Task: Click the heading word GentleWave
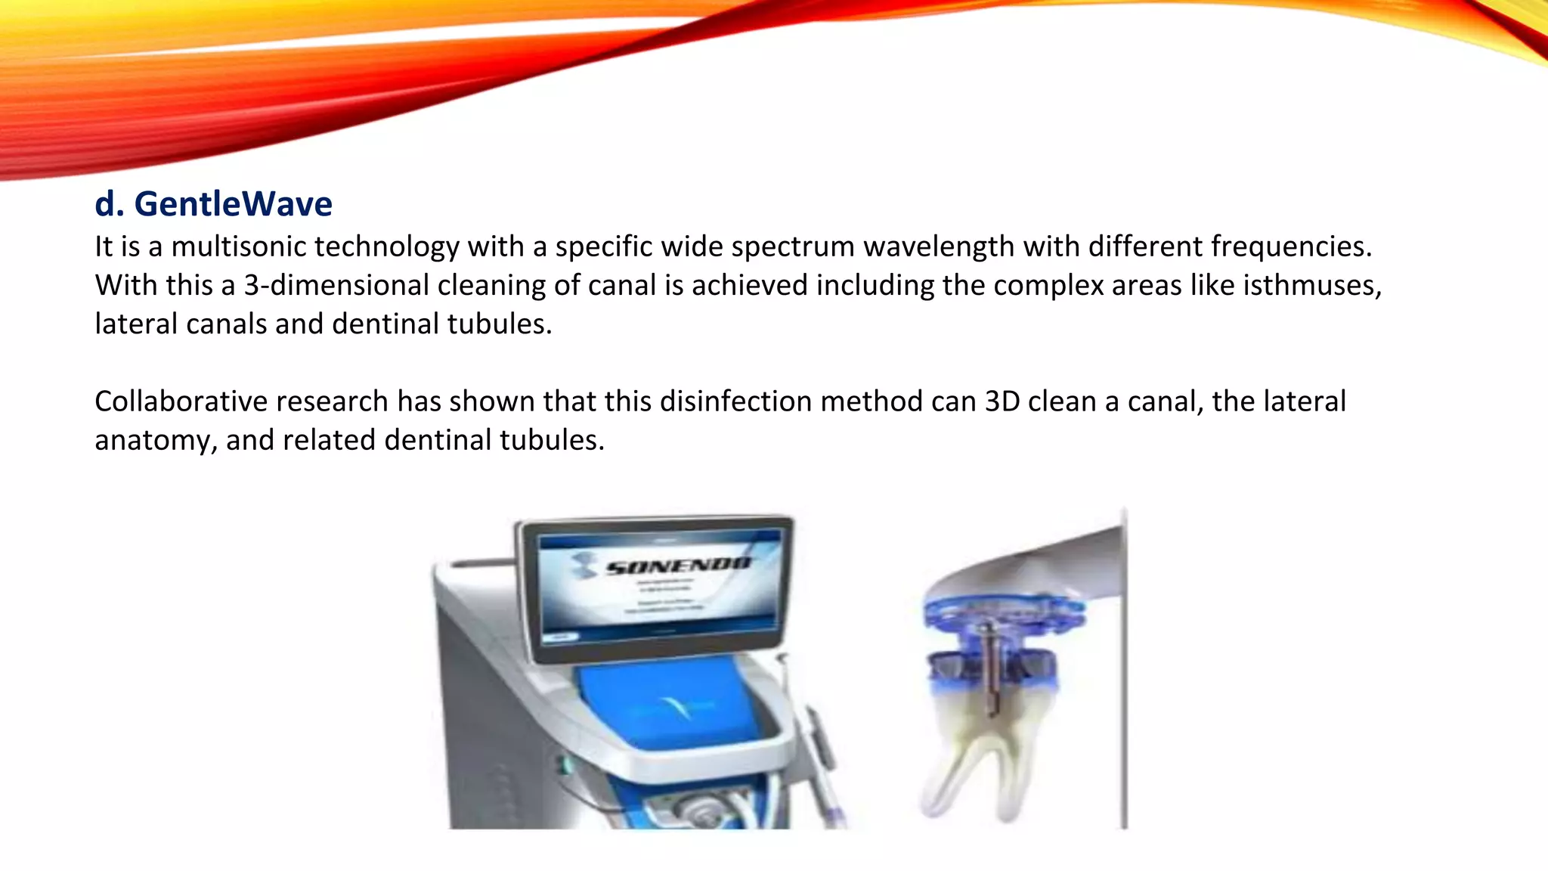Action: tap(233, 204)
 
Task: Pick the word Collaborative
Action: tap(181, 401)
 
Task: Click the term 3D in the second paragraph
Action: tap(1002, 401)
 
